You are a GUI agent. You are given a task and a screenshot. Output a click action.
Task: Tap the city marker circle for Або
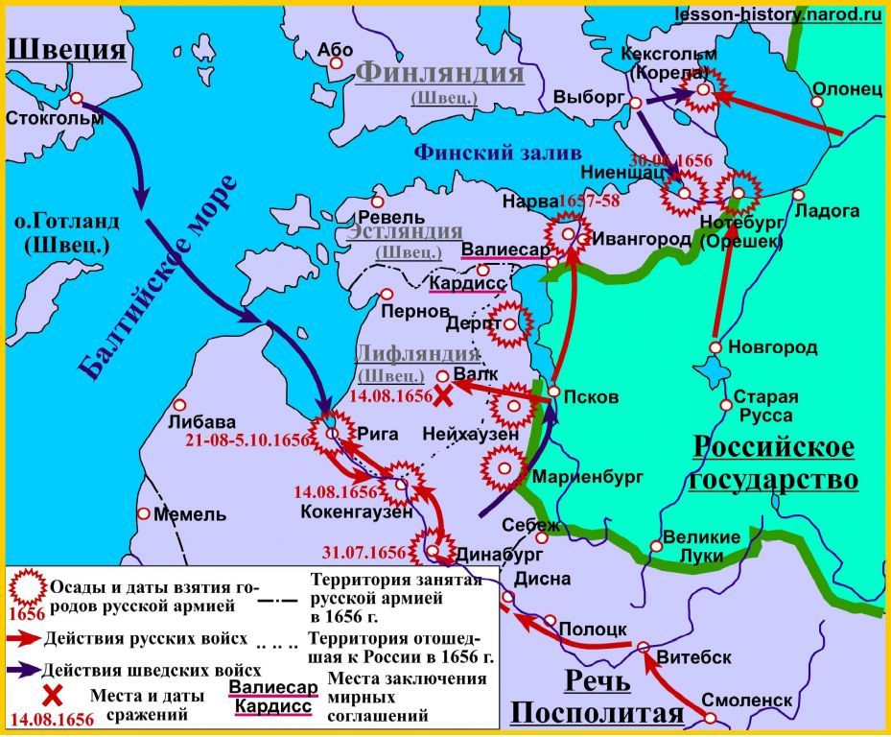(x=337, y=63)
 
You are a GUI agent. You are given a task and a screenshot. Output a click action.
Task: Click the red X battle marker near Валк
(x=442, y=395)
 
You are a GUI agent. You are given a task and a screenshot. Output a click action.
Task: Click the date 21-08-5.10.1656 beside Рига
(x=252, y=440)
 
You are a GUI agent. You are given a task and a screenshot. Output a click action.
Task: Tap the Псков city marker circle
(x=554, y=394)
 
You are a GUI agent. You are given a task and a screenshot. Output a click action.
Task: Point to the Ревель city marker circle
(x=379, y=202)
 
